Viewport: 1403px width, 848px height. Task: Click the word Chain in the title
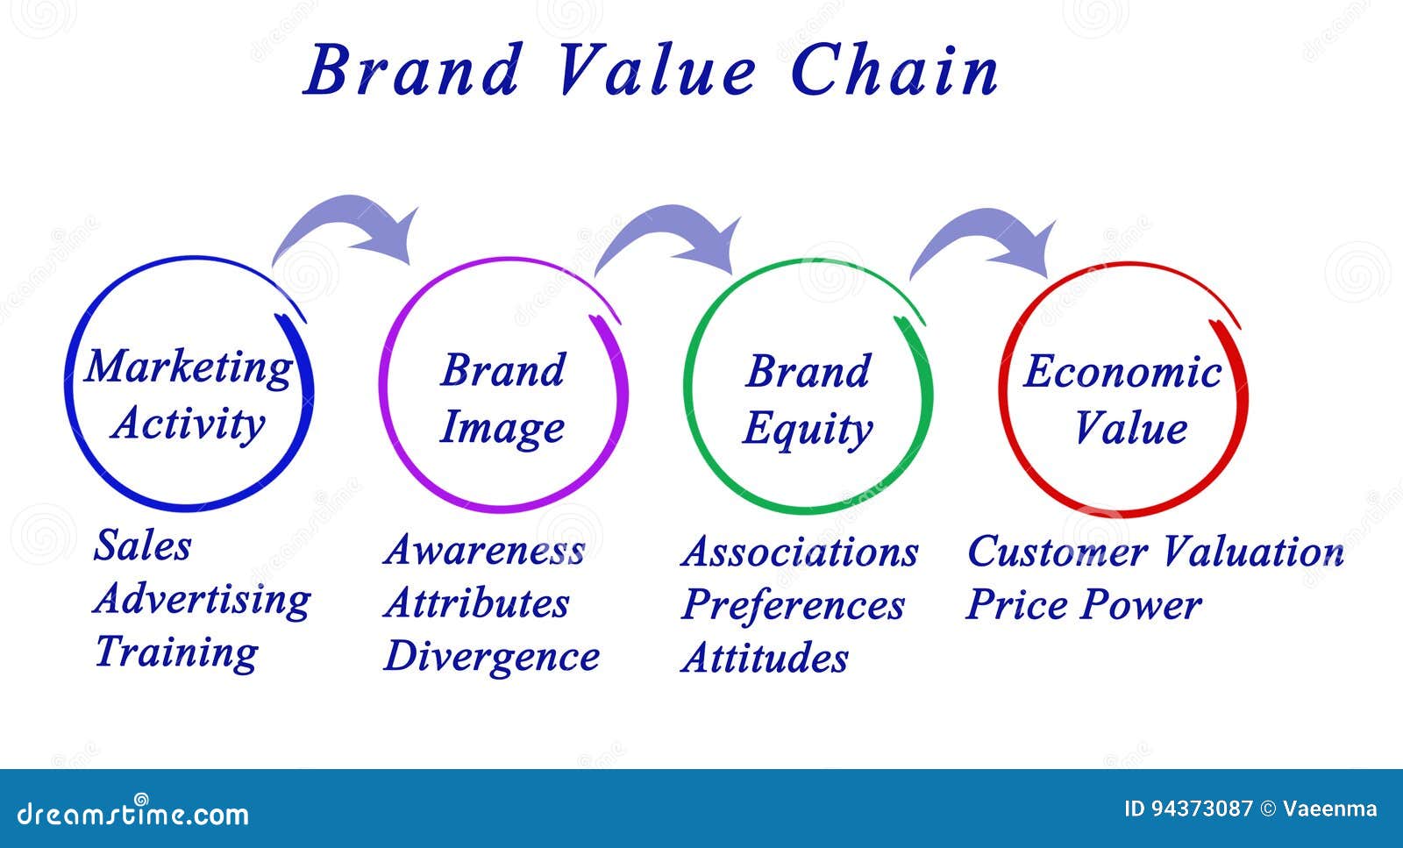(894, 69)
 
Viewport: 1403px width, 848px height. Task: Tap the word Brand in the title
(413, 69)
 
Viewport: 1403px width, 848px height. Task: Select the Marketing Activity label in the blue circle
(189, 395)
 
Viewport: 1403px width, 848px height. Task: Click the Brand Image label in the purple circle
(503, 400)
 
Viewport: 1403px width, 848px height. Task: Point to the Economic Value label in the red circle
(1122, 399)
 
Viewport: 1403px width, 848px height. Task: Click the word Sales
(142, 545)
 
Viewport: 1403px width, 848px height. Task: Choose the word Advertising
(202, 600)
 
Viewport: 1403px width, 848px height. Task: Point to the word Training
(176, 652)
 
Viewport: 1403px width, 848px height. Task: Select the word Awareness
(484, 551)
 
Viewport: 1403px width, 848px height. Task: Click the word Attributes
(477, 603)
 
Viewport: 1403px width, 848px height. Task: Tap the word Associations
(800, 552)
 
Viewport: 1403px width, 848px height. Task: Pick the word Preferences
(793, 606)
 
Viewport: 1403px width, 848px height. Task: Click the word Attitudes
(765, 659)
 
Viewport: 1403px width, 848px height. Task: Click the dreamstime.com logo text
(132, 813)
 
